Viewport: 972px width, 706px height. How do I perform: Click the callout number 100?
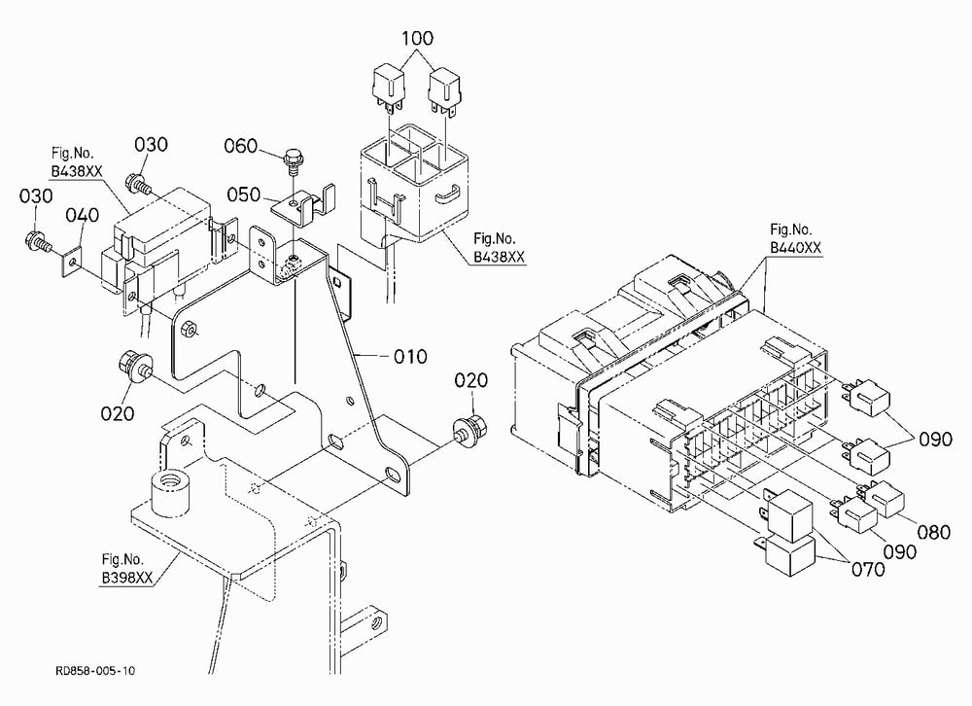[417, 38]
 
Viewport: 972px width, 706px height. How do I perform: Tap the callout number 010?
[410, 357]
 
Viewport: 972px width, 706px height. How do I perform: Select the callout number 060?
[240, 146]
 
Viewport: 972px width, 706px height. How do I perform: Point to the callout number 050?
[244, 194]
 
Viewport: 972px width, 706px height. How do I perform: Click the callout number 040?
[83, 215]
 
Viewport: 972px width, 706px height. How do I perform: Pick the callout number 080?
[934, 532]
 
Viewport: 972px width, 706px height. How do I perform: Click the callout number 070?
[868, 569]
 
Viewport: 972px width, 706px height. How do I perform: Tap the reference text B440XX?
[795, 248]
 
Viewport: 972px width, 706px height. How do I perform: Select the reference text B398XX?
[127, 578]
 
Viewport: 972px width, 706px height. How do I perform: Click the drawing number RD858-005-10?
[95, 671]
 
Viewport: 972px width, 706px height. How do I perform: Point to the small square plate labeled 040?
[73, 263]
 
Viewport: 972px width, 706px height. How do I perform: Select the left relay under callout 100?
[388, 89]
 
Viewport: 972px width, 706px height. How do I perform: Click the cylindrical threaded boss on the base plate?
[170, 493]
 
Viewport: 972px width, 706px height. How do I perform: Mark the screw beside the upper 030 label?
[138, 184]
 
